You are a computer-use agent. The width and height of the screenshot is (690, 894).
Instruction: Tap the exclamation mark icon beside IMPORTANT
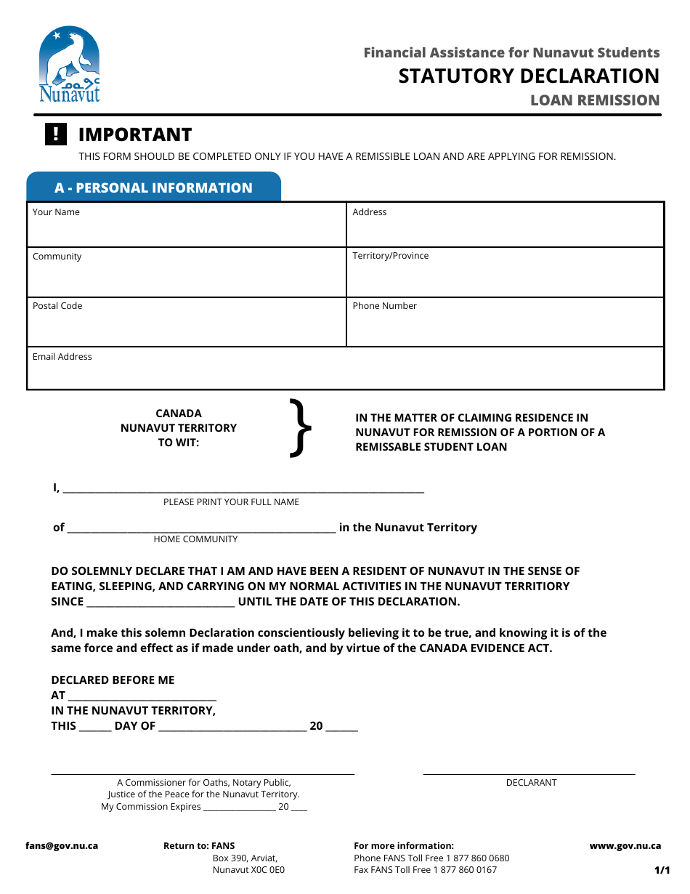tap(56, 134)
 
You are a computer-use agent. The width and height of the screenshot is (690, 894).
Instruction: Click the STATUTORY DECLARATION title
tap(529, 76)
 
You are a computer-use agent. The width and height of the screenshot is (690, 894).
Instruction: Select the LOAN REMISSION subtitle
tap(595, 100)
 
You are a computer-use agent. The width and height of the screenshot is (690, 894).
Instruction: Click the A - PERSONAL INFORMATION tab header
tap(153, 188)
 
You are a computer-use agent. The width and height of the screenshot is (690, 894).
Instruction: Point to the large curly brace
tap(301, 429)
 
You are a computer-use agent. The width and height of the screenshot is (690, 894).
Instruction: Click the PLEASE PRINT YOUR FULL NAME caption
tap(231, 502)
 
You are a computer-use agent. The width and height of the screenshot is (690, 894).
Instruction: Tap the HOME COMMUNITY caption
tap(195, 539)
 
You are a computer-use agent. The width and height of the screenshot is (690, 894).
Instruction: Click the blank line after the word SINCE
tap(161, 602)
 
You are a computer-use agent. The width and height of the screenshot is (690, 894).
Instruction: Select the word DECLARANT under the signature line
tap(531, 783)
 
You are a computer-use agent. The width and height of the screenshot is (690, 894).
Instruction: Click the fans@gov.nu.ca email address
tap(62, 846)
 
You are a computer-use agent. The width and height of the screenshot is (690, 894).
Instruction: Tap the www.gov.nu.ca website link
tap(625, 846)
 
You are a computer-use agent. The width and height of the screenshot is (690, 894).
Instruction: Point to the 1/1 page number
tap(662, 870)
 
